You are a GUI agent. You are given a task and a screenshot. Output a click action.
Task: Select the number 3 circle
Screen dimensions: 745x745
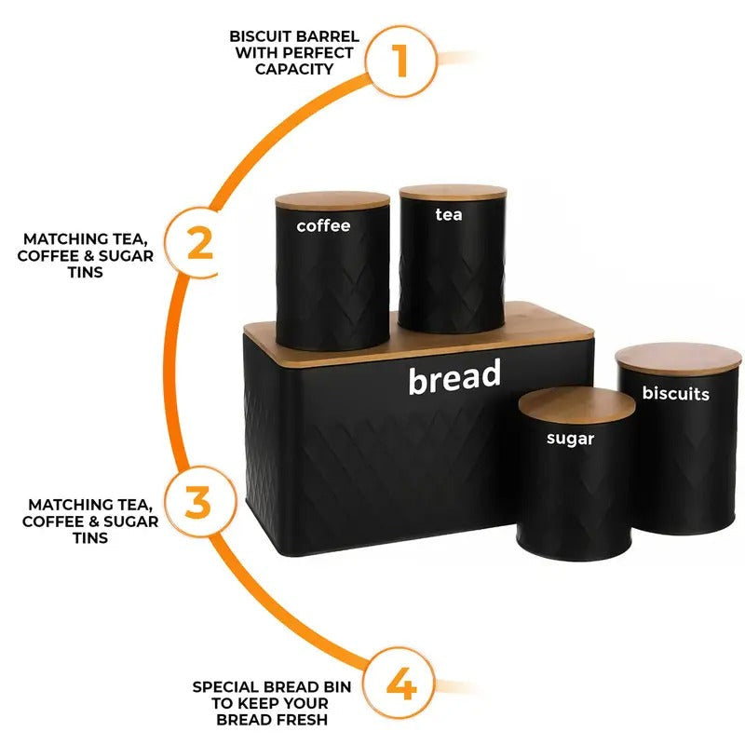click(x=197, y=501)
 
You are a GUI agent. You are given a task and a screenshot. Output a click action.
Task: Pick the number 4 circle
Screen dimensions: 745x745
click(x=400, y=687)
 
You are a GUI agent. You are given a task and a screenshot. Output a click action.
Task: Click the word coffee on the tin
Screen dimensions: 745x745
click(x=323, y=225)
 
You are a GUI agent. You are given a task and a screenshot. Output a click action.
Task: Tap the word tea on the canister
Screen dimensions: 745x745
click(x=448, y=214)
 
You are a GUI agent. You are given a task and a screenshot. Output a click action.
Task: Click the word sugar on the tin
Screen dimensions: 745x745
click(x=570, y=438)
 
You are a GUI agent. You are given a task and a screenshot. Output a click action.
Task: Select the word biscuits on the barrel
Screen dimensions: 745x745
click(x=675, y=393)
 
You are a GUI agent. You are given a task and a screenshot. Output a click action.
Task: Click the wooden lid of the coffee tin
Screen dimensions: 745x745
click(x=332, y=200)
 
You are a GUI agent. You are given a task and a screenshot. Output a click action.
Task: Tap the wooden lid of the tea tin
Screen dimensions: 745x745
click(x=453, y=191)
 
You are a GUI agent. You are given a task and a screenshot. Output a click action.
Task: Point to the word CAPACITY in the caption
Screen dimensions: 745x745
click(x=294, y=69)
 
